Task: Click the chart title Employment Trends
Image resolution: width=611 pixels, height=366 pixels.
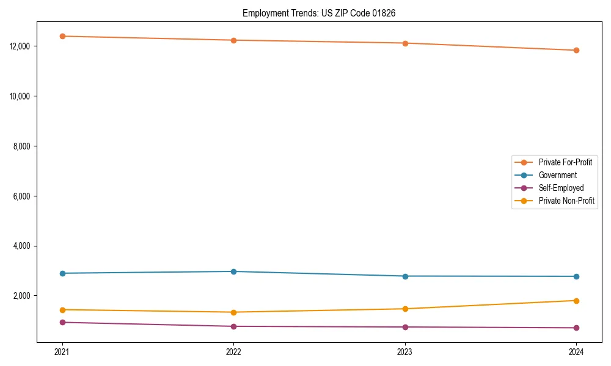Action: pyautogui.click(x=319, y=13)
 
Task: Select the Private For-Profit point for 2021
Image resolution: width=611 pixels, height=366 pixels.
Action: pyautogui.click(x=62, y=36)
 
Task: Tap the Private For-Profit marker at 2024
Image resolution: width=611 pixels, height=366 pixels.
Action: pyautogui.click(x=576, y=50)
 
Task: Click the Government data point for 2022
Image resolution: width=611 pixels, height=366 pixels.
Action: pyautogui.click(x=233, y=271)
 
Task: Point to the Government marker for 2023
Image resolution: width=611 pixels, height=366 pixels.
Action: pyautogui.click(x=404, y=276)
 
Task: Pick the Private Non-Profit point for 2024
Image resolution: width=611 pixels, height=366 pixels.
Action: pyautogui.click(x=576, y=301)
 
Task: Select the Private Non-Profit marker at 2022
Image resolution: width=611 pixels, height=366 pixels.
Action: pyautogui.click(x=233, y=312)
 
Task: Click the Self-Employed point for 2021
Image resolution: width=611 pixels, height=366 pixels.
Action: pyautogui.click(x=62, y=322)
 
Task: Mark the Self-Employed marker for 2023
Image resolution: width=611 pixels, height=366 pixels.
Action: pyautogui.click(x=404, y=327)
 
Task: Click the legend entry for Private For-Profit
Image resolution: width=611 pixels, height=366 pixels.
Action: pyautogui.click(x=565, y=162)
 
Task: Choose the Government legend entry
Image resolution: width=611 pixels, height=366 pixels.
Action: pyautogui.click(x=557, y=175)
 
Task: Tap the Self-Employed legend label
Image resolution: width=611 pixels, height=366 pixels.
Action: pyautogui.click(x=561, y=188)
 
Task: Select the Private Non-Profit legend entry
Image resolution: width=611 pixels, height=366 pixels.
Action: pyautogui.click(x=566, y=201)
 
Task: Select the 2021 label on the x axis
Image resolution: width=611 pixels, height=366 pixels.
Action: pyautogui.click(x=62, y=351)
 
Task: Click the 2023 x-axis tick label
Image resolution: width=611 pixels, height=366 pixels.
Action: pyautogui.click(x=404, y=351)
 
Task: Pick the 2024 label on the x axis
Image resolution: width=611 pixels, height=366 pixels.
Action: pyautogui.click(x=576, y=351)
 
